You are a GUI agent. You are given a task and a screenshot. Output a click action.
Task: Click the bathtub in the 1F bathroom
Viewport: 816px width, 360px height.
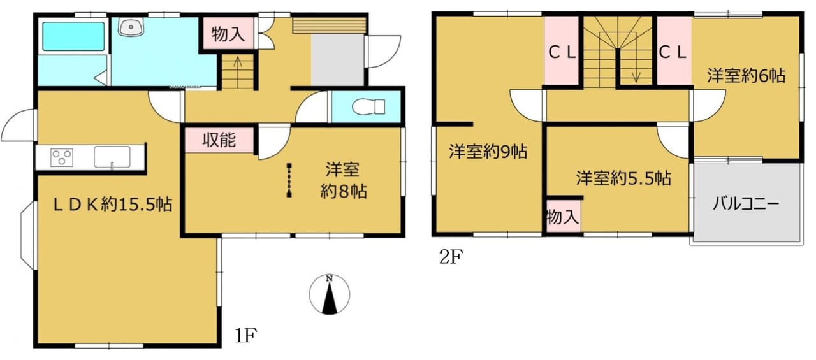pyautogui.click(x=73, y=36)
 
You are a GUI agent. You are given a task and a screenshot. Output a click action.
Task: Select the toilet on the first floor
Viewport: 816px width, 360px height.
pyautogui.click(x=368, y=106)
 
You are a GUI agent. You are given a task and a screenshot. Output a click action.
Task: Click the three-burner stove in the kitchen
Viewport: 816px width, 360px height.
pyautogui.click(x=62, y=157)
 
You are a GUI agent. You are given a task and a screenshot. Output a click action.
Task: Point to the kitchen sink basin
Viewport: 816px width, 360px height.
pyautogui.click(x=112, y=157)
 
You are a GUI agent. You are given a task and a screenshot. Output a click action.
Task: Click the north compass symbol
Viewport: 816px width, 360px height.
pyautogui.click(x=330, y=294)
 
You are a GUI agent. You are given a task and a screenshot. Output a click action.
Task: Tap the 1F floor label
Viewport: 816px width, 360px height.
pyautogui.click(x=246, y=336)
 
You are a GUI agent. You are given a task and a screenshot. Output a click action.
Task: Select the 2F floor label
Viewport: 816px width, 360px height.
pyautogui.click(x=451, y=257)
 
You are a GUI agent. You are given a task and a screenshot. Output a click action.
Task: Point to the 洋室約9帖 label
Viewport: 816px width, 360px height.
pyautogui.click(x=488, y=152)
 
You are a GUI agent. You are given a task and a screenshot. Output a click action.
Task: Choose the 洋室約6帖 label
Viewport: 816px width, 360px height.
pyautogui.click(x=746, y=76)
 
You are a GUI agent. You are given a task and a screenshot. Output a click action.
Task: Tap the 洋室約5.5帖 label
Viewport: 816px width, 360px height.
pyautogui.click(x=623, y=178)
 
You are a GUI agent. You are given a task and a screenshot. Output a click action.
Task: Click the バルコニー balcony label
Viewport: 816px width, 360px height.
pyautogui.click(x=746, y=203)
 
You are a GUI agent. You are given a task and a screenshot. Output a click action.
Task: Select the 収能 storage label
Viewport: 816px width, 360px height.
pyautogui.click(x=219, y=140)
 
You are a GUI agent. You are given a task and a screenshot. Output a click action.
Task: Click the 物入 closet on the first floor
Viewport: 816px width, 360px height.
pyautogui.click(x=228, y=34)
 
